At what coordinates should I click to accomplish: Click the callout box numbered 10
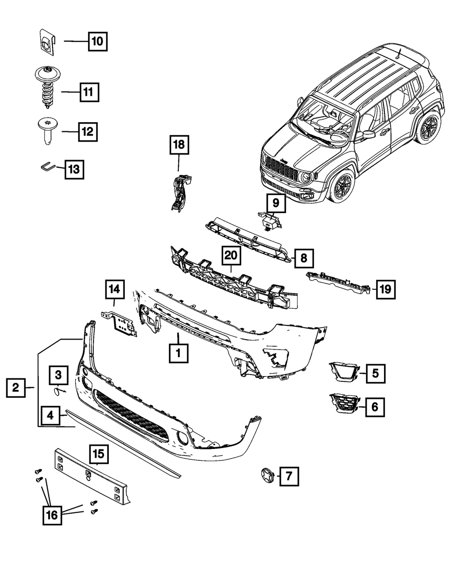point(97,42)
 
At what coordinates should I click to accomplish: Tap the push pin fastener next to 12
point(46,131)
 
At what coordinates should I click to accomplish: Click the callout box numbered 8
point(303,258)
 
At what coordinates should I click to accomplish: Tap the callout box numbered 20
point(231,257)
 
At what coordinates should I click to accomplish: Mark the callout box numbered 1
point(178,352)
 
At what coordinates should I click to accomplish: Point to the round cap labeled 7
point(266,475)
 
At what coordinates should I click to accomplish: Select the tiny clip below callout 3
point(59,391)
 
